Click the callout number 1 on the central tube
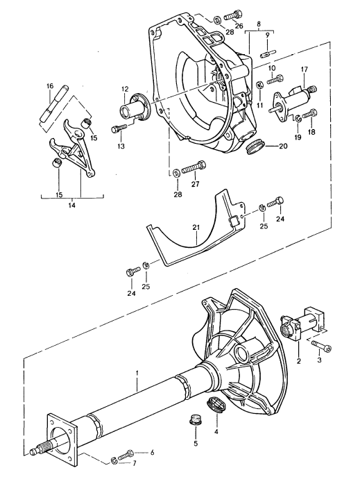[137, 373]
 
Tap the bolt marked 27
[197, 166]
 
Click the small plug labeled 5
[194, 419]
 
